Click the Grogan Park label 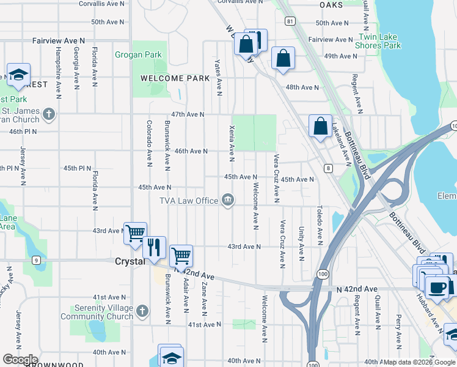[138, 55]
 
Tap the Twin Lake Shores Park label [378, 42]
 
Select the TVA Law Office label [189, 201]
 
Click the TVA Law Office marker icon [228, 200]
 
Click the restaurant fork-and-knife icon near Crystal [154, 247]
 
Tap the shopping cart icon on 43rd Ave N [135, 232]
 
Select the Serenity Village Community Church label [97, 312]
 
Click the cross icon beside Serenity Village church [142, 311]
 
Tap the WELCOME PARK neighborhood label [166, 78]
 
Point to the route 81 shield [290, 21]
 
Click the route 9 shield [37, 261]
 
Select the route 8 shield [328, 168]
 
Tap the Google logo [20, 359]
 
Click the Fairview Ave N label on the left [59, 40]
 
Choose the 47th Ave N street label [188, 114]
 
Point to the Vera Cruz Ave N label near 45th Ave [277, 177]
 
